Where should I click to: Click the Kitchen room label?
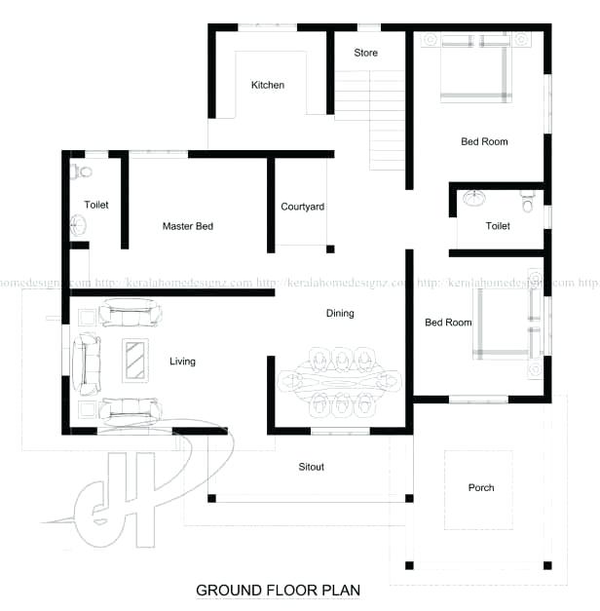(x=268, y=86)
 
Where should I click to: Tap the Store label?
(x=366, y=53)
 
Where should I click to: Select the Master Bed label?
(x=188, y=226)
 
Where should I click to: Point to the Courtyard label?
(x=302, y=207)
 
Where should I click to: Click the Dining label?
(x=340, y=314)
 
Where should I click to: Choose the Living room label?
(x=182, y=362)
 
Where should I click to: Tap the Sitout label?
(x=312, y=467)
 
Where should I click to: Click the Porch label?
(x=481, y=487)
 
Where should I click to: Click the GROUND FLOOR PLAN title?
(x=279, y=590)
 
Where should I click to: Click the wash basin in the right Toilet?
(x=476, y=200)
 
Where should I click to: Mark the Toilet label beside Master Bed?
(x=96, y=206)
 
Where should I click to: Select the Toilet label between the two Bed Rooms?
(x=498, y=226)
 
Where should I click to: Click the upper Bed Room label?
(x=484, y=142)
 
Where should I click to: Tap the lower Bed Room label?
(x=448, y=323)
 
